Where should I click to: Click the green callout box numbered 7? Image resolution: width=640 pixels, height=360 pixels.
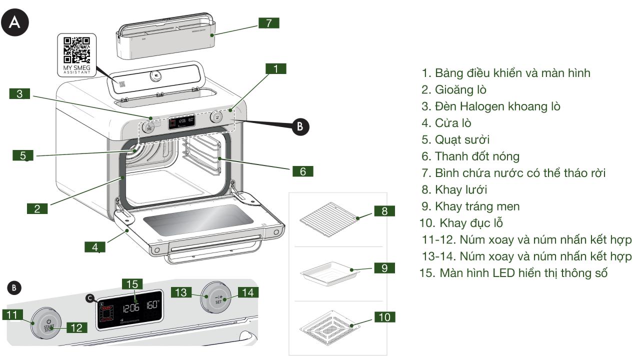[x=268, y=23]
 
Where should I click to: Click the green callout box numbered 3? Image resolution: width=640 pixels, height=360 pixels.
[x=19, y=93]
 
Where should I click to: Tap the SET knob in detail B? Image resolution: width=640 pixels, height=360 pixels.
[x=217, y=299]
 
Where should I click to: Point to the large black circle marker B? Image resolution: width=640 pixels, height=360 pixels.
[x=299, y=125]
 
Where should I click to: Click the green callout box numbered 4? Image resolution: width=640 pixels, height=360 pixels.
[x=94, y=247]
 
